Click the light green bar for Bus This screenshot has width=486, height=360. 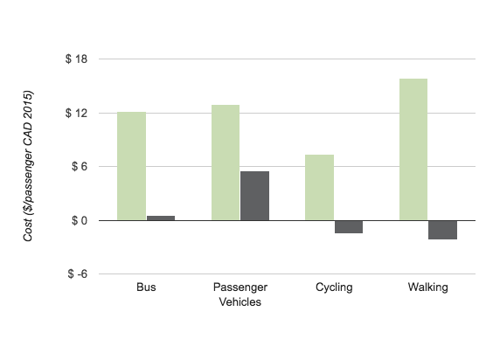click(131, 166)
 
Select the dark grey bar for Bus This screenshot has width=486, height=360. click(160, 218)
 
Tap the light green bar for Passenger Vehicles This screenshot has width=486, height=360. click(226, 163)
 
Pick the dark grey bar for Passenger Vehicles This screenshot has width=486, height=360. click(254, 196)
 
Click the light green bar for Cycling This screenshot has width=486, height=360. click(319, 187)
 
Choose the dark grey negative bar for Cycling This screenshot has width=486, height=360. click(348, 227)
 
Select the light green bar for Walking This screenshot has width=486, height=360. click(413, 149)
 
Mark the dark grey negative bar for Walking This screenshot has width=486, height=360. click(442, 230)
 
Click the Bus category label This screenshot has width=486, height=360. click(146, 287)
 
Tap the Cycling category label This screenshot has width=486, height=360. click(334, 287)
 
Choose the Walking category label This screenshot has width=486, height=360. click(427, 287)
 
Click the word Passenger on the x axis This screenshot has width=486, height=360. click(240, 287)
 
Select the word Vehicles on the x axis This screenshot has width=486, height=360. click(240, 302)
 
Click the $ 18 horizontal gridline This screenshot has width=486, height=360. click(288, 59)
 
